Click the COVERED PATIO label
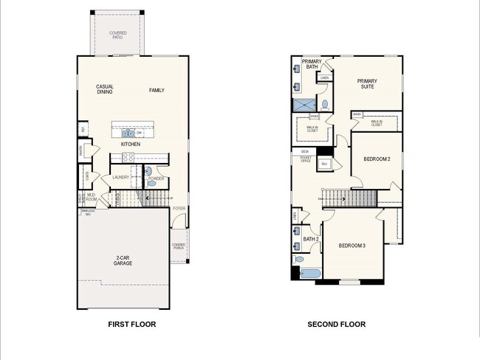pyautogui.click(x=117, y=35)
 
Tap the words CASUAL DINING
pyautogui.click(x=105, y=89)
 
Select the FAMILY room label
pyautogui.click(x=157, y=91)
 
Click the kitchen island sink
pyautogui.click(x=128, y=134)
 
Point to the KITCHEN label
pyautogui.click(x=131, y=145)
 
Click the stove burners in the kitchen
pyautogui.click(x=126, y=158)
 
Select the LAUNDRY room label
pyautogui.click(x=121, y=177)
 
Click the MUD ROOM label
pyautogui.click(x=92, y=198)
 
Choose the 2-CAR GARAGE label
pyautogui.click(x=123, y=260)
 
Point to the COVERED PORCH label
pyautogui.click(x=179, y=246)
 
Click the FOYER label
pyautogui.click(x=179, y=208)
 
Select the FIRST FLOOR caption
pyautogui.click(x=132, y=324)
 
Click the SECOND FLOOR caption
pyautogui.click(x=336, y=324)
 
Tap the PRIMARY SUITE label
pyautogui.click(x=366, y=84)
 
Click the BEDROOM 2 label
pyautogui.click(x=377, y=159)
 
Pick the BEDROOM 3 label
pyautogui.click(x=352, y=245)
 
